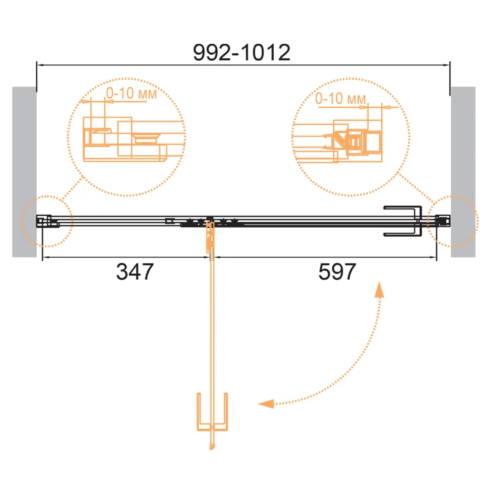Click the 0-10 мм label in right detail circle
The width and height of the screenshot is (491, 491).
(x=341, y=98)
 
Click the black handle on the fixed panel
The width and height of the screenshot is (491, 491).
(x=403, y=221)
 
